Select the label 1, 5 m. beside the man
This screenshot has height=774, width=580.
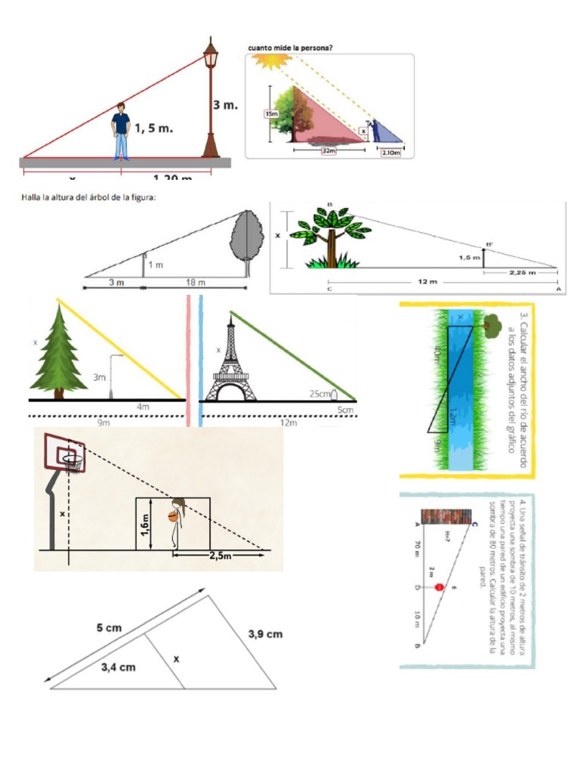[154, 129]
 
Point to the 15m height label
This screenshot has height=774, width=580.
[270, 113]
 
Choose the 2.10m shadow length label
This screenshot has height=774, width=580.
[391, 153]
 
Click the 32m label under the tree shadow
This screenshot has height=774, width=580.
[328, 151]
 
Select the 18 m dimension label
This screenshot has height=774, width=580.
[195, 283]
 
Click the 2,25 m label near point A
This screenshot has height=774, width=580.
[523, 273]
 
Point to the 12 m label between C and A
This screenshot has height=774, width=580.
[427, 282]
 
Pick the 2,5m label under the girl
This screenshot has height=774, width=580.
[221, 555]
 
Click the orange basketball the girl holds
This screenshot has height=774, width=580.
[172, 517]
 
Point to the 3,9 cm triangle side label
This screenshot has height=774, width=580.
[265, 634]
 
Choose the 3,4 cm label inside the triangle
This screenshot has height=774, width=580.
[118, 667]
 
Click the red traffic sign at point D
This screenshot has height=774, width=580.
[438, 587]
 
